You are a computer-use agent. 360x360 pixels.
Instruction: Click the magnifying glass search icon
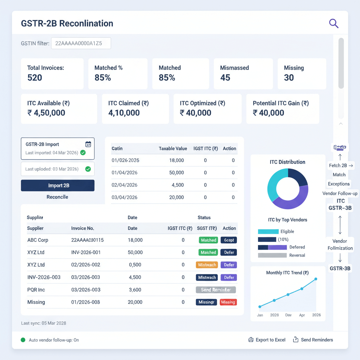click(333, 24)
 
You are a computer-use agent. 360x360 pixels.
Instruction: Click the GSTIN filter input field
click(81, 44)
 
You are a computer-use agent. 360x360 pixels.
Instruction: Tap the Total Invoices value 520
click(35, 78)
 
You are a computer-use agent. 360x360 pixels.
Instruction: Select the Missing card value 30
click(289, 78)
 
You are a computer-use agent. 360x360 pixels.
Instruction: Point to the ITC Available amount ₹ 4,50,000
click(46, 113)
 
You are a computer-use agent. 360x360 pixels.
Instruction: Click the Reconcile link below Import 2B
click(57, 197)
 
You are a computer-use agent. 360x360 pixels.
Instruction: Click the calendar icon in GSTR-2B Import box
click(88, 144)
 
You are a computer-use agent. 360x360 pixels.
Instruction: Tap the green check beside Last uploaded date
click(88, 169)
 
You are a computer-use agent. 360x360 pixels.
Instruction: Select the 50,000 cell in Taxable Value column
click(176, 173)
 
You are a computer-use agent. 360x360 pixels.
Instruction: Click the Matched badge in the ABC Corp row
click(208, 240)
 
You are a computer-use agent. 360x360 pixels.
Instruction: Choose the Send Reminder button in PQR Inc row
click(216, 290)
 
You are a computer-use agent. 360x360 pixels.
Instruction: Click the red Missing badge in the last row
click(228, 302)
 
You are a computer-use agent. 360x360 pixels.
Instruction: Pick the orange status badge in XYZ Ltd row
click(206, 265)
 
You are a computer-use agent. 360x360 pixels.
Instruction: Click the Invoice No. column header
click(83, 228)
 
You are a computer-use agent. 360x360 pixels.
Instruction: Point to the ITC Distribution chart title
click(287, 162)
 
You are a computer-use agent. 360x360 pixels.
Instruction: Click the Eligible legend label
click(287, 231)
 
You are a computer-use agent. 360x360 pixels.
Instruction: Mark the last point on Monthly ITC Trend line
click(316, 279)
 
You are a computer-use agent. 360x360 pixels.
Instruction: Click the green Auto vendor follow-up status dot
click(23, 340)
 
